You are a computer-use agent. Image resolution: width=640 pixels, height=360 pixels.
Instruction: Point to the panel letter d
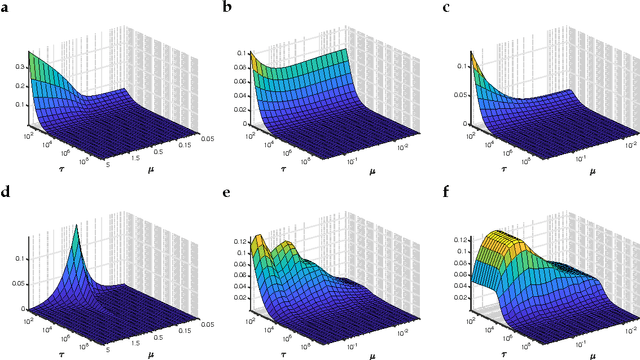6,190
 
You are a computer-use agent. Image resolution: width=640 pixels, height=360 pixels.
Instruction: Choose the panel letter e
228,190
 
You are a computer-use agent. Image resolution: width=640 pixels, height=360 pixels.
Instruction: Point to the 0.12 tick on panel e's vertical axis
238,241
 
